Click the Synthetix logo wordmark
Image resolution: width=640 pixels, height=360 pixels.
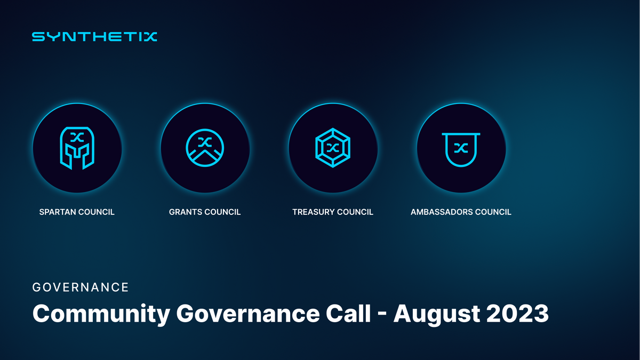[x=94, y=37]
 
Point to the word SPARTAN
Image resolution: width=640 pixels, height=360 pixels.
[x=58, y=212]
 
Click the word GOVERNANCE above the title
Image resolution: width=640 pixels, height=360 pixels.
[x=81, y=287]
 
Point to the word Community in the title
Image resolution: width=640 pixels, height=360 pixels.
[x=100, y=314]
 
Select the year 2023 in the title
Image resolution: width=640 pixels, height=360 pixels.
[x=518, y=314]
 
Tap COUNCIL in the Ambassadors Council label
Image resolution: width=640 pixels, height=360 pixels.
[x=493, y=212]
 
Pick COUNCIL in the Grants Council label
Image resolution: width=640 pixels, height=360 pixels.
[x=223, y=212]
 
